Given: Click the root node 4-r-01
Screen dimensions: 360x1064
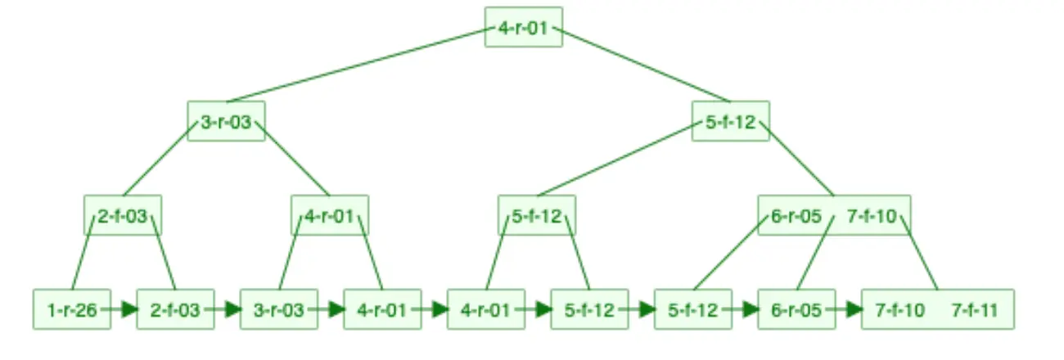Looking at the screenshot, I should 523,27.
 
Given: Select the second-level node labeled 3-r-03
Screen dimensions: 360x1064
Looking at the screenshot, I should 226,122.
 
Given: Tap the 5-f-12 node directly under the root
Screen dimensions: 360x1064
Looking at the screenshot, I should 730,122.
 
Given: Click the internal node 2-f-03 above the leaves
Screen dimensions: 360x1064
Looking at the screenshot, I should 122,216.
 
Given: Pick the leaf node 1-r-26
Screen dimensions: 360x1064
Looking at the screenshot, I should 72,310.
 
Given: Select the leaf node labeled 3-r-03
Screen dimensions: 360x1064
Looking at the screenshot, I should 278,310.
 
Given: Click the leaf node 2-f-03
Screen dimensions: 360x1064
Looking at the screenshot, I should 175,310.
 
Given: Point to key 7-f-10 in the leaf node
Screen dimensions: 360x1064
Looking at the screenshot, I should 899,310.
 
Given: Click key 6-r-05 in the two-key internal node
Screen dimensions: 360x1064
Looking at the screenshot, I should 796,216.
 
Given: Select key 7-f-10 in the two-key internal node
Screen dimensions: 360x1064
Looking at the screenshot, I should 872,216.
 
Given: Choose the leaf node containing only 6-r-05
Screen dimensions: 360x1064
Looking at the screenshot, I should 796,310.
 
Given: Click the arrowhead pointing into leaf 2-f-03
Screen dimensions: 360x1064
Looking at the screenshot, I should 129,310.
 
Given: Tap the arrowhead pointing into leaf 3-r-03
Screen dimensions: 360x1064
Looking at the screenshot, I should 233,310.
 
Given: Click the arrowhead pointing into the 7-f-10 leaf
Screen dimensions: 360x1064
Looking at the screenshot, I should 854,310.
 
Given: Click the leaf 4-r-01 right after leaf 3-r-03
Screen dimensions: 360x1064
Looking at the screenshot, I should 382,310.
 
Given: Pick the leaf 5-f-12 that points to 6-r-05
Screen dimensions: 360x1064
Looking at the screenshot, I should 692,310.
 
